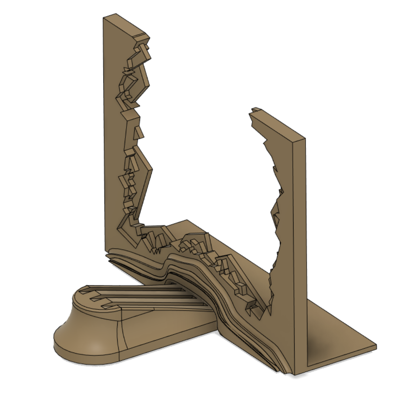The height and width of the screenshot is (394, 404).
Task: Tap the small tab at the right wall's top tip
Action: [x=255, y=110]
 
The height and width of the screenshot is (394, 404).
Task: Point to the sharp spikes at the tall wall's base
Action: [x=156, y=245]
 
